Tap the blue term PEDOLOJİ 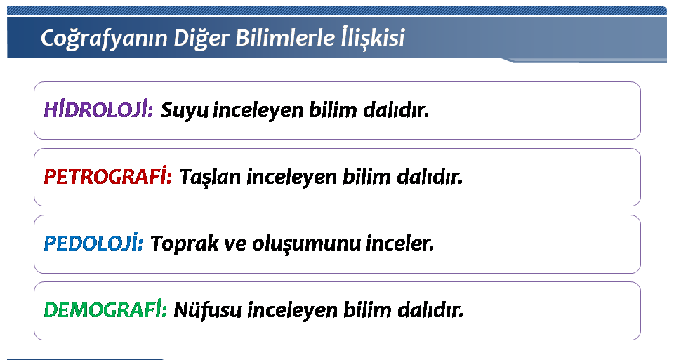click(x=93, y=243)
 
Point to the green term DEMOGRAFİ click(x=105, y=309)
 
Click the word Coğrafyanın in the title click(x=104, y=38)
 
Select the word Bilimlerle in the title click(x=284, y=37)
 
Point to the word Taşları click(x=210, y=177)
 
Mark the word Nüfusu click(x=208, y=309)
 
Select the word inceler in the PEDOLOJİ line click(x=399, y=243)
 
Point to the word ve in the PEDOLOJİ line click(x=236, y=245)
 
